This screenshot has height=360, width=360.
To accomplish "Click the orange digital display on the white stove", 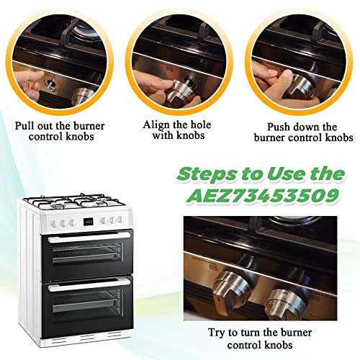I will pyautogui.click(x=86, y=222).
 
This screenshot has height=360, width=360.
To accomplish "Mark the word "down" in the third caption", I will pyautogui.click(x=319, y=123).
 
